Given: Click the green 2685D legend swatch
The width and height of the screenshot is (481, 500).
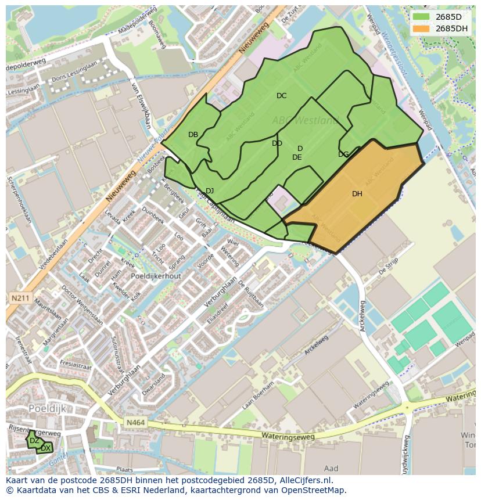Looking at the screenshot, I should pos(422,17).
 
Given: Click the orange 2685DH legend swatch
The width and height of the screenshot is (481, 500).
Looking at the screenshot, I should pos(422,28).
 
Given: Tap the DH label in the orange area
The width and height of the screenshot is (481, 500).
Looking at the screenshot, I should pos(357,194).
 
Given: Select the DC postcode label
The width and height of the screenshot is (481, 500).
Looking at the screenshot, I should pos(281,96).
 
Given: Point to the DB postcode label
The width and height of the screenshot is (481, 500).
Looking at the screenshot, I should pos(193,135).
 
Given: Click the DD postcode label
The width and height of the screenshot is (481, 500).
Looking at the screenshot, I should pos(277,143).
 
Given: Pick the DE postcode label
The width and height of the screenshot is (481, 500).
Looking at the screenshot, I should pos(297,157).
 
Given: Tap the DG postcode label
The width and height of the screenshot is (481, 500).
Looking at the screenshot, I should pos(343,154).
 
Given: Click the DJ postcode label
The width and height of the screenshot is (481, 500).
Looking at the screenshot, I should pos(210,191).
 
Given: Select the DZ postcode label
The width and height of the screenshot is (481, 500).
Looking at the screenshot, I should pos(34,441).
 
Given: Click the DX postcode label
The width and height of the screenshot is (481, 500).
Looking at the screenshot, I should pos(45,448).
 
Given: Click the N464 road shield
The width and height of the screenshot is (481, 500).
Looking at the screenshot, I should pos(134,425).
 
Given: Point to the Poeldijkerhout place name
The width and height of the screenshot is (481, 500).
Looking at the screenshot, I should pos(156,276).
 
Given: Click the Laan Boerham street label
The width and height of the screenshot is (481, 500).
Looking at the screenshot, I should pos(257,396).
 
